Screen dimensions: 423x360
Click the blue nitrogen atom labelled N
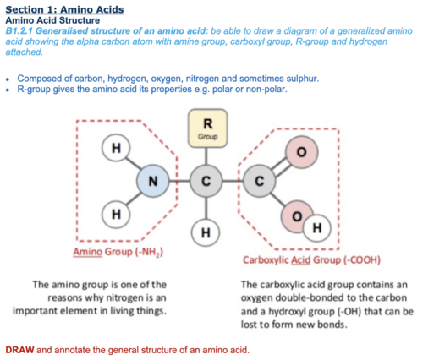(x=153, y=181)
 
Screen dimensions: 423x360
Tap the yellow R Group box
(x=208, y=128)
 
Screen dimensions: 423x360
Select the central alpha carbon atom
(x=206, y=181)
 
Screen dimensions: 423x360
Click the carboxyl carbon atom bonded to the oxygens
(x=260, y=181)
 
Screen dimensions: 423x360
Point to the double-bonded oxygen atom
(x=301, y=152)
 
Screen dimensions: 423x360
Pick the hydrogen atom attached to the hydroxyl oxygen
(x=317, y=228)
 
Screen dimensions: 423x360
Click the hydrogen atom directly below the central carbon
(x=206, y=232)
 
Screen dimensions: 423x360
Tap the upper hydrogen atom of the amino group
(x=116, y=148)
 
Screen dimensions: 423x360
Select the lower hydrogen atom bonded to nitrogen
(x=116, y=214)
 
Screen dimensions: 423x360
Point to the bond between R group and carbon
(x=206, y=156)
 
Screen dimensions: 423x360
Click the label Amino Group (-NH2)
(x=118, y=252)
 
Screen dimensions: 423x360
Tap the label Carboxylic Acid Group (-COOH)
(x=311, y=259)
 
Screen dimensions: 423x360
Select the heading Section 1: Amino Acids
(x=64, y=9)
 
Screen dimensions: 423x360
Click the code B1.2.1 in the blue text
(x=19, y=30)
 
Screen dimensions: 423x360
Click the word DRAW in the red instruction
(x=19, y=350)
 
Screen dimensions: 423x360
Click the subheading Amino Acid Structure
(x=52, y=20)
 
